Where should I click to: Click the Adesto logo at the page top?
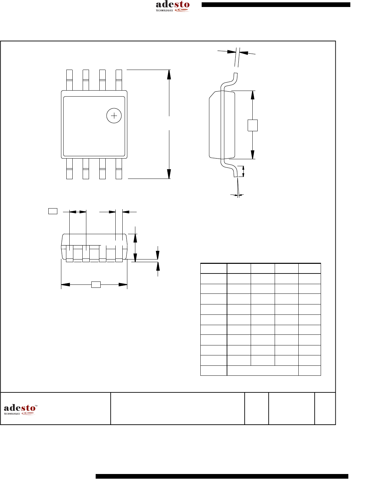(x=173, y=6)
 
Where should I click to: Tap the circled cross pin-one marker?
(x=114, y=116)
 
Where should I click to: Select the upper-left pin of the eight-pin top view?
(x=69, y=80)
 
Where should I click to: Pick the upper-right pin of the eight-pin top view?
(x=119, y=80)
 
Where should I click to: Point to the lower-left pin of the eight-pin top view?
(x=69, y=169)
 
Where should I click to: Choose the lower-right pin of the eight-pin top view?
(x=119, y=169)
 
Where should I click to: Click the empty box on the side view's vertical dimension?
(x=253, y=125)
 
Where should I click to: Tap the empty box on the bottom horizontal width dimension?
(x=96, y=285)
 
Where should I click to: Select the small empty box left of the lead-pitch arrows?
(x=53, y=211)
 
